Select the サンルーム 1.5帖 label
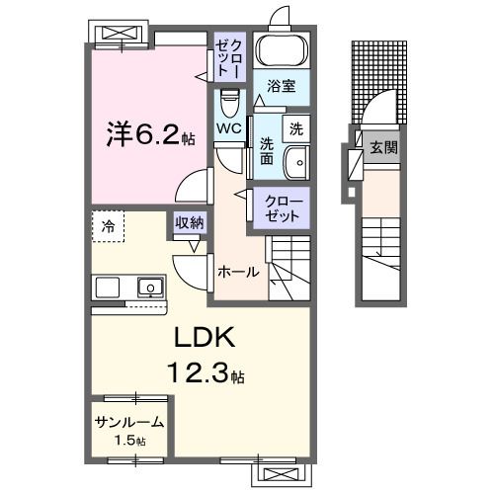129,429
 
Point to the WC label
229,129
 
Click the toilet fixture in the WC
229,103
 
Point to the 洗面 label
267,151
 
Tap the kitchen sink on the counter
150,287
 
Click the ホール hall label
238,272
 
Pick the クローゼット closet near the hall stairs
285,207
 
